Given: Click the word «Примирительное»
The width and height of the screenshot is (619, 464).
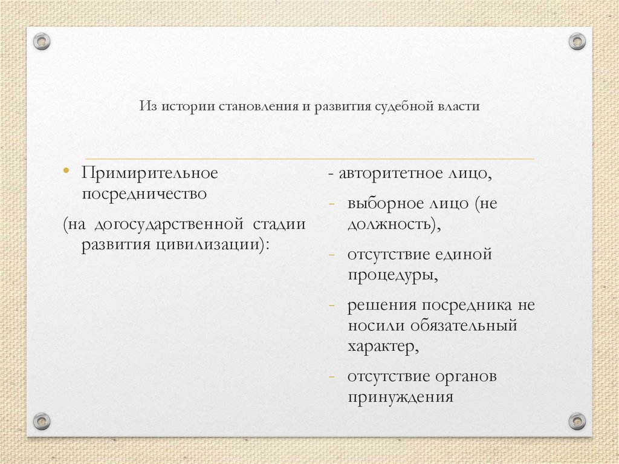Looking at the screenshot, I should coord(150,173).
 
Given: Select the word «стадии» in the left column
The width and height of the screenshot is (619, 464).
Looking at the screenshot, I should coord(279,224).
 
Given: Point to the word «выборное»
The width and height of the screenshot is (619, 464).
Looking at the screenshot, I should coord(381,203).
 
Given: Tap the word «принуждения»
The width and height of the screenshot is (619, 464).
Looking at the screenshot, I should coord(400,397).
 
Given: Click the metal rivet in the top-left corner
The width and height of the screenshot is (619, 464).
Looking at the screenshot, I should coord(42,42).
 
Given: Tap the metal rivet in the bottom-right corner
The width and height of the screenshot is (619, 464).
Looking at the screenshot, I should coord(577,420).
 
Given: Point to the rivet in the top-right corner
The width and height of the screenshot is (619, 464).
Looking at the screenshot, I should coord(577,41).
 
